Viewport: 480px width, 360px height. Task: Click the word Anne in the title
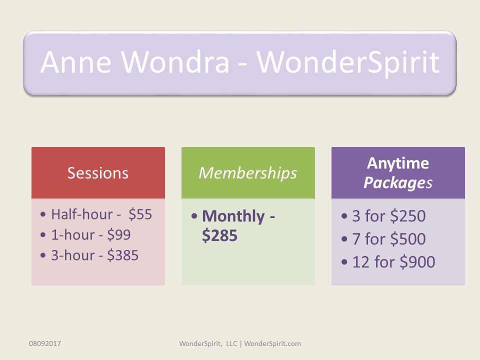(x=75, y=62)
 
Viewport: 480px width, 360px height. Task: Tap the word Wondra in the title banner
(x=175, y=62)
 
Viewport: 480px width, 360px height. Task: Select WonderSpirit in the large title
(x=348, y=63)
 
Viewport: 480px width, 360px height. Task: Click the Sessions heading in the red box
(x=97, y=173)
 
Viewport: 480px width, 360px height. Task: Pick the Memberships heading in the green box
(x=248, y=173)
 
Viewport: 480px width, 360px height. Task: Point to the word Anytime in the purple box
(x=398, y=163)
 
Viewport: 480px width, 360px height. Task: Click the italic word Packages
(x=398, y=183)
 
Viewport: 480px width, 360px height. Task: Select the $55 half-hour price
(x=140, y=214)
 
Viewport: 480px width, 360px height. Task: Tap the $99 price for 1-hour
(x=119, y=235)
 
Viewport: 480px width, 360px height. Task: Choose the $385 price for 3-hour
(x=123, y=255)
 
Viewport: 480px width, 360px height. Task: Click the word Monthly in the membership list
(x=233, y=216)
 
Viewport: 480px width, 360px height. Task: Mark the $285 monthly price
(x=219, y=235)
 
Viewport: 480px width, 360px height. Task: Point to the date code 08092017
(x=45, y=343)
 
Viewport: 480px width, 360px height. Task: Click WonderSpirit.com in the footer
(x=272, y=343)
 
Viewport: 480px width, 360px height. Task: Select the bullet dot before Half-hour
(x=43, y=214)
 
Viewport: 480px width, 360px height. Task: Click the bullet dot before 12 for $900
(x=344, y=262)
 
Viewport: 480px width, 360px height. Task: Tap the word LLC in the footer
(x=231, y=343)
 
